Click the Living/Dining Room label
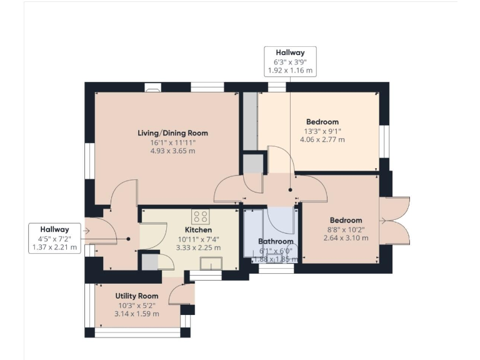pyautogui.click(x=172, y=133)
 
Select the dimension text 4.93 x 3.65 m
pyautogui.click(x=172, y=151)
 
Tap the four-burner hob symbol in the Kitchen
pyautogui.click(x=201, y=217)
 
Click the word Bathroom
pyautogui.click(x=276, y=242)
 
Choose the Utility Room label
pyautogui.click(x=136, y=296)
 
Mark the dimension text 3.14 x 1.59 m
pyautogui.click(x=136, y=314)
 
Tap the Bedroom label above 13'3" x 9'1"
pyautogui.click(x=322, y=122)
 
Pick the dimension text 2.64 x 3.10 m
pyautogui.click(x=346, y=239)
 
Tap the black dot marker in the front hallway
pyautogui.click(x=128, y=238)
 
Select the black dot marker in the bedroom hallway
pyautogui.click(x=290, y=189)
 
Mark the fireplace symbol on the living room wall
pyautogui.click(x=152, y=89)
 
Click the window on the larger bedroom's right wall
pyautogui.click(x=385, y=141)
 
